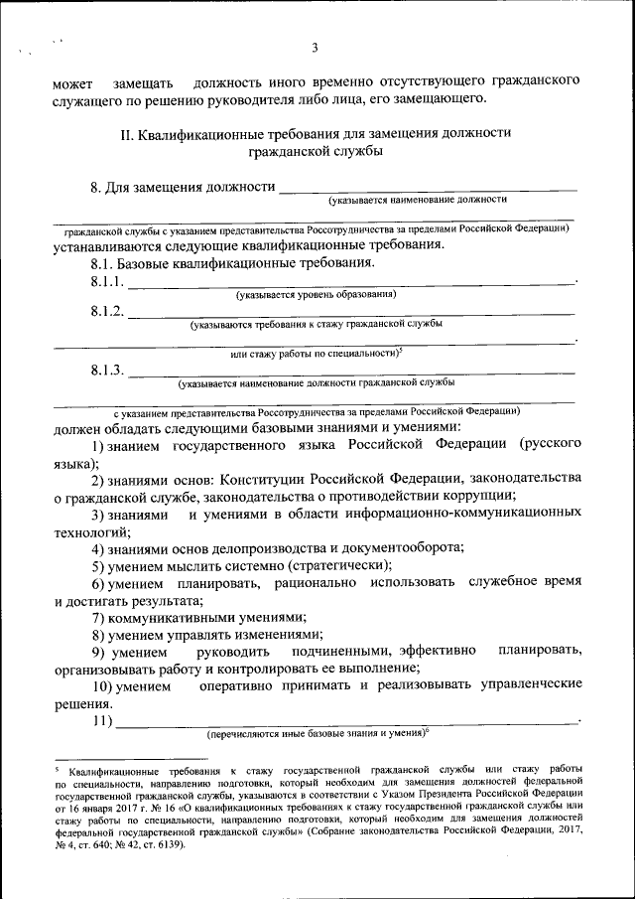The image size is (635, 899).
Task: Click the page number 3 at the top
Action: coord(315,47)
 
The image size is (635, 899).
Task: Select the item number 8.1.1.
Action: coord(107,284)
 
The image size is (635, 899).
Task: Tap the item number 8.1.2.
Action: coord(107,312)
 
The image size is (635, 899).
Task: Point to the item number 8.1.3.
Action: coord(107,371)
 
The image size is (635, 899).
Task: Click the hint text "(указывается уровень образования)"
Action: coord(316,295)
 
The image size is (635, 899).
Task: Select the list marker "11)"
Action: coord(102,720)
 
